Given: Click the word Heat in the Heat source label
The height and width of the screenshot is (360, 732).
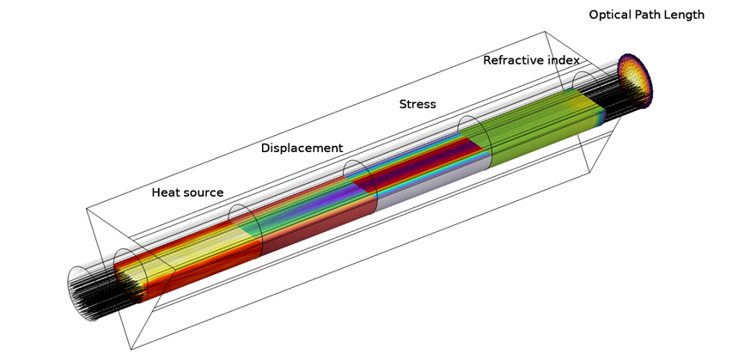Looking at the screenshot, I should pos(165,192).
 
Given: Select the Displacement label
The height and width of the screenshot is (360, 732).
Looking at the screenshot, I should pos(302,148).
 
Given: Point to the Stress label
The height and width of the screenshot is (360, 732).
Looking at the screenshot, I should pos(418,104).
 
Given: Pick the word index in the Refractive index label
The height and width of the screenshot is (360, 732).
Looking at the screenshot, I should pos(564,60).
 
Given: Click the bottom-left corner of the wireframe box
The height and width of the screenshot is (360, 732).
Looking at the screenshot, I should pos(131,349).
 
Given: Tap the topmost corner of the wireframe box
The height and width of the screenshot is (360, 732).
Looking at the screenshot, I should pos(545,32).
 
